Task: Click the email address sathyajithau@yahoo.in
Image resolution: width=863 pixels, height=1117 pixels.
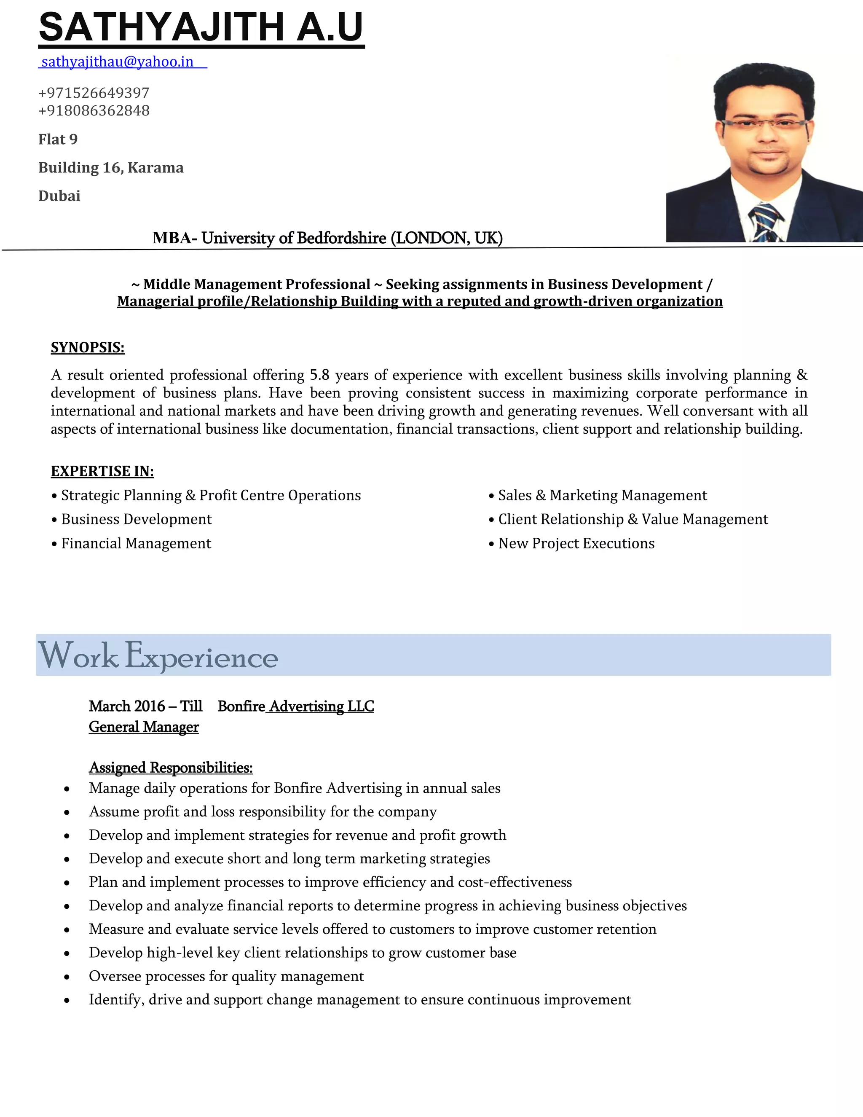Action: point(117,62)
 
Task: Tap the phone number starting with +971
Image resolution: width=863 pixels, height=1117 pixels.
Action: point(94,93)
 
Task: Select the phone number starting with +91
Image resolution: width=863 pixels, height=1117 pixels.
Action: point(94,110)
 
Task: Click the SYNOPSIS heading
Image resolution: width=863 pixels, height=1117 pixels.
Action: point(87,348)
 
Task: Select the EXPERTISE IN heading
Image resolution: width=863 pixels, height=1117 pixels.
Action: point(102,471)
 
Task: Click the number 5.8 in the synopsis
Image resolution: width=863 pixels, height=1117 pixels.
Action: point(319,375)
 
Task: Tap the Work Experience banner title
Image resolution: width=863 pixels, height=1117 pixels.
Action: point(158,656)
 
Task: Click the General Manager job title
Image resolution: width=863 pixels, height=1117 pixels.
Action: point(144,727)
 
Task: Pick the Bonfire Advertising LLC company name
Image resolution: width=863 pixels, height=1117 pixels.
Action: point(295,706)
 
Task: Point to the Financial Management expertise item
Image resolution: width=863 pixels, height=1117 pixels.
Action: point(136,543)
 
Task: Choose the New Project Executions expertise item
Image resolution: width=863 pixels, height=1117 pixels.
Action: point(576,543)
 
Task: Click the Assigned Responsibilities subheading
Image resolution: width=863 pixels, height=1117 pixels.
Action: point(171,768)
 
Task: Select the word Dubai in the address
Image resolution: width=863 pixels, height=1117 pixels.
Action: point(59,196)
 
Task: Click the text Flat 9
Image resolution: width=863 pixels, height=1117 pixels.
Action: point(58,140)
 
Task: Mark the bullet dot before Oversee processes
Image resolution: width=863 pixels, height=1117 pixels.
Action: point(67,977)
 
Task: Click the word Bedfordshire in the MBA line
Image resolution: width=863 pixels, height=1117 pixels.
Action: point(341,238)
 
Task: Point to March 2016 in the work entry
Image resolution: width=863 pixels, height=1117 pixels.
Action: point(127,706)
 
